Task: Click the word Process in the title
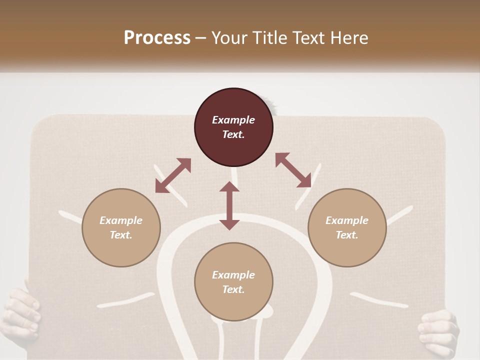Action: tap(157, 38)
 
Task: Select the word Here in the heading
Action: tap(349, 38)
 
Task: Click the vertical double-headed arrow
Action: tap(229, 205)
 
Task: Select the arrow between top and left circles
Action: tap(173, 175)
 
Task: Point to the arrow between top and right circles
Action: tap(293, 170)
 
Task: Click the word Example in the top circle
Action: tap(233, 120)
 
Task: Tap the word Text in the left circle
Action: tap(121, 235)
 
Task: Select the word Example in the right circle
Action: tap(347, 220)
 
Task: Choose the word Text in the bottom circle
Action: tap(233, 289)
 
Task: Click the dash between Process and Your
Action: tap(201, 38)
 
